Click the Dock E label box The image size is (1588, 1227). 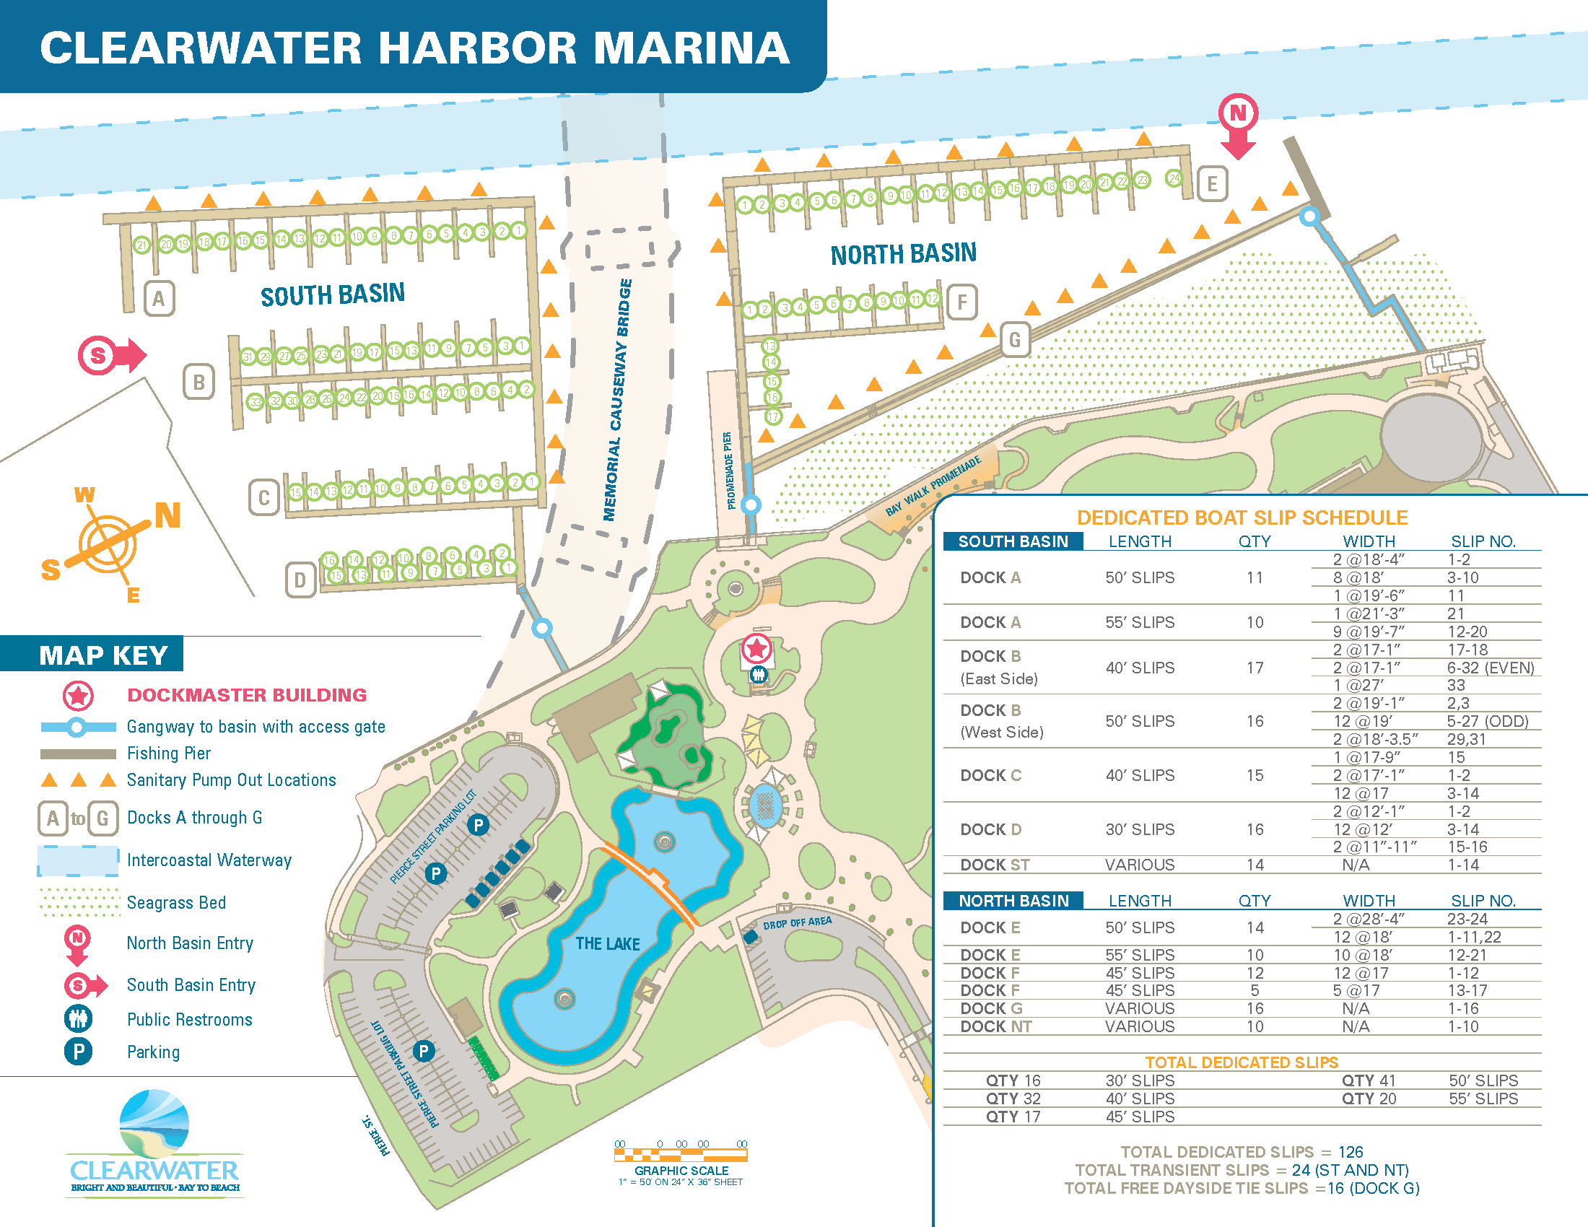[1212, 184]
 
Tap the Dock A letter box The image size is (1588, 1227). [159, 299]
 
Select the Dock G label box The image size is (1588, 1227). [1015, 339]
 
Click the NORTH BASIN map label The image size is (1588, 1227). [904, 253]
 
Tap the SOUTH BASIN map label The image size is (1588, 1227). [332, 294]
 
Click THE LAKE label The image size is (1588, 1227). [607, 943]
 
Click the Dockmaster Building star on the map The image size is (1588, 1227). [756, 647]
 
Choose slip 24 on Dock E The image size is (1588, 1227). [1174, 178]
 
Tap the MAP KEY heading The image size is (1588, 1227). [103, 655]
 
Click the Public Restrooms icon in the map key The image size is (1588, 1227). [78, 1019]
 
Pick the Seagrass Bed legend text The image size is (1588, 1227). [176, 903]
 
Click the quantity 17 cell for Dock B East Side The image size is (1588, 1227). [1255, 668]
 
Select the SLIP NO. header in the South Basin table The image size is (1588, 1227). [1483, 541]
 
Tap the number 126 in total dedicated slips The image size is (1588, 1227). [1351, 1152]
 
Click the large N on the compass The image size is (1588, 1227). [167, 516]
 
